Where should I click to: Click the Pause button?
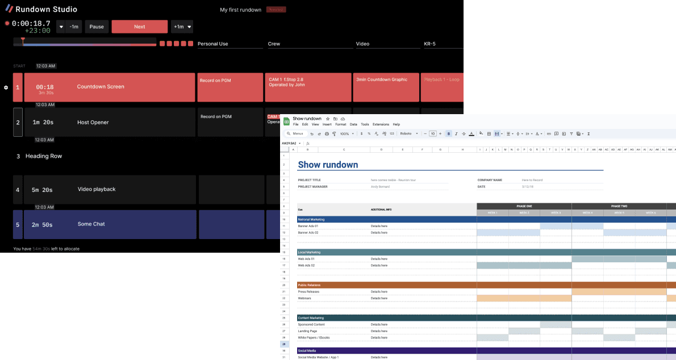(x=97, y=27)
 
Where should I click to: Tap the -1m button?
(x=74, y=27)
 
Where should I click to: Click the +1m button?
(x=179, y=27)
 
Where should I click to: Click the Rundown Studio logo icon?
(x=9, y=9)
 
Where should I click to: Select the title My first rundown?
(x=240, y=10)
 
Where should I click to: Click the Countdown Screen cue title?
(x=101, y=87)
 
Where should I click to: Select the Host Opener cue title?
(x=93, y=123)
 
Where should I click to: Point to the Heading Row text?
(x=44, y=156)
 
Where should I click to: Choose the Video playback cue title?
(x=97, y=190)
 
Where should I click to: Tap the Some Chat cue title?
(x=91, y=224)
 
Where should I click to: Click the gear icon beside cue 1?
(x=6, y=87)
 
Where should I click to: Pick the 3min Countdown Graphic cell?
(x=382, y=80)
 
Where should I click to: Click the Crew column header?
(x=274, y=44)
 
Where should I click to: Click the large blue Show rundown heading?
(x=328, y=165)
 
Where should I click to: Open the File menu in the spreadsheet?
(x=295, y=124)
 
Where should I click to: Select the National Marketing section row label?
(x=311, y=219)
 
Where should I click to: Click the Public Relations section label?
(x=309, y=285)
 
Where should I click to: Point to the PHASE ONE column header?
(x=524, y=206)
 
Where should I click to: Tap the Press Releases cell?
(x=308, y=292)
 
